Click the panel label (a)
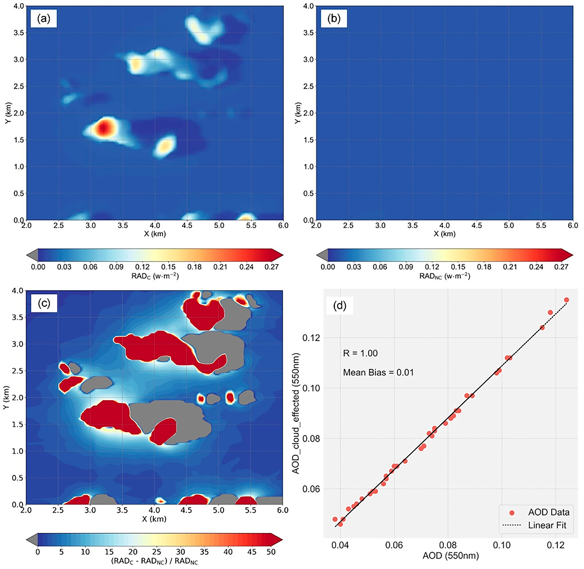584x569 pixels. (x=43, y=19)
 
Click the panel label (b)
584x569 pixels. (x=334, y=19)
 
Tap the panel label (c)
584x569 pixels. (x=44, y=303)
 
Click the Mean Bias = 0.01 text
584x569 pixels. (x=378, y=372)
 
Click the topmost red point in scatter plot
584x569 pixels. (x=566, y=300)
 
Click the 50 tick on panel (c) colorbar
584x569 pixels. (x=271, y=552)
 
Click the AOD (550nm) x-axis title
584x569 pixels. (x=450, y=556)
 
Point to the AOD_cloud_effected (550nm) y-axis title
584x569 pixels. (x=296, y=414)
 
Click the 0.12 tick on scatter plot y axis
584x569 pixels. (x=311, y=338)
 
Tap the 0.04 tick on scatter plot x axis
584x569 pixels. (x=340, y=545)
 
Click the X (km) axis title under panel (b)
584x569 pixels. (x=444, y=234)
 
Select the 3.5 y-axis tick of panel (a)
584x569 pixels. (x=19, y=33)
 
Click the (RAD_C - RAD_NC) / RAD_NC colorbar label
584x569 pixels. (x=154, y=561)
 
